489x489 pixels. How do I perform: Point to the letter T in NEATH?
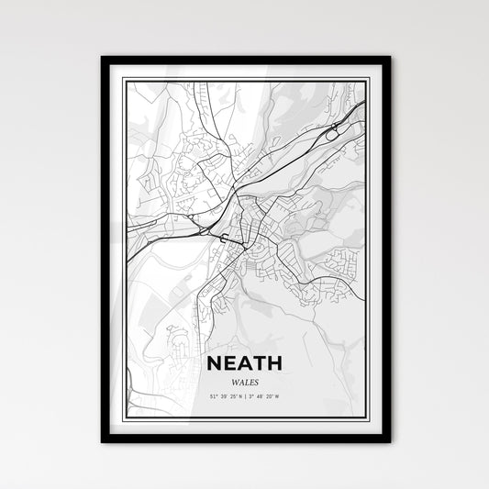pos(261,363)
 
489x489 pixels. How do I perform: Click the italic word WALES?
pos(245,380)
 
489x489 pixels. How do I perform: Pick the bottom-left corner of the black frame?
pos(103,440)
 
